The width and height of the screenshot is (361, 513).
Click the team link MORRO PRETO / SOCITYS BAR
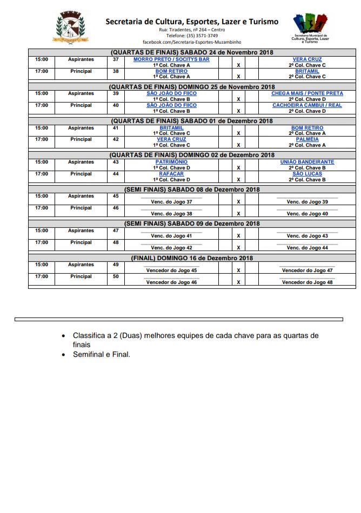[x=171, y=59]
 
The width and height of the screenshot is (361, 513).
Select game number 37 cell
[x=116, y=59]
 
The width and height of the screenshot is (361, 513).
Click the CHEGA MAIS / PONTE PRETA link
[x=307, y=93]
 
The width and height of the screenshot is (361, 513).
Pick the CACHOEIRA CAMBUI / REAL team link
[x=307, y=105]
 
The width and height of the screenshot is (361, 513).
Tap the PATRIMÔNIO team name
[x=171, y=162]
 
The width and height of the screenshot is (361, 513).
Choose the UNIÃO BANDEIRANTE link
[x=307, y=162]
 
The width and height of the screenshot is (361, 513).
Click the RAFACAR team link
[x=171, y=174]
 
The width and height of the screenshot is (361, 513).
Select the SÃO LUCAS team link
[x=307, y=174]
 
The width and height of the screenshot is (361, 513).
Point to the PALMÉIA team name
[x=307, y=139]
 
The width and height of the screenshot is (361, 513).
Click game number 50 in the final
[x=116, y=276]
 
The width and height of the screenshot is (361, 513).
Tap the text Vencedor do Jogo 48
[x=307, y=282]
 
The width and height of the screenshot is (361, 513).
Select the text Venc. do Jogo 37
[x=171, y=201]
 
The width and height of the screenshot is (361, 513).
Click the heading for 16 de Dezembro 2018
[x=192, y=258]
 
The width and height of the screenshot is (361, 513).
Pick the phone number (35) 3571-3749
[x=192, y=35]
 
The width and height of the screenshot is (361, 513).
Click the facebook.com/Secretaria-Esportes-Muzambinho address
[x=192, y=42]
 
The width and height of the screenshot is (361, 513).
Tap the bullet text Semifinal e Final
[x=102, y=355]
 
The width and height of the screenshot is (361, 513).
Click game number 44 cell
[x=116, y=174]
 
